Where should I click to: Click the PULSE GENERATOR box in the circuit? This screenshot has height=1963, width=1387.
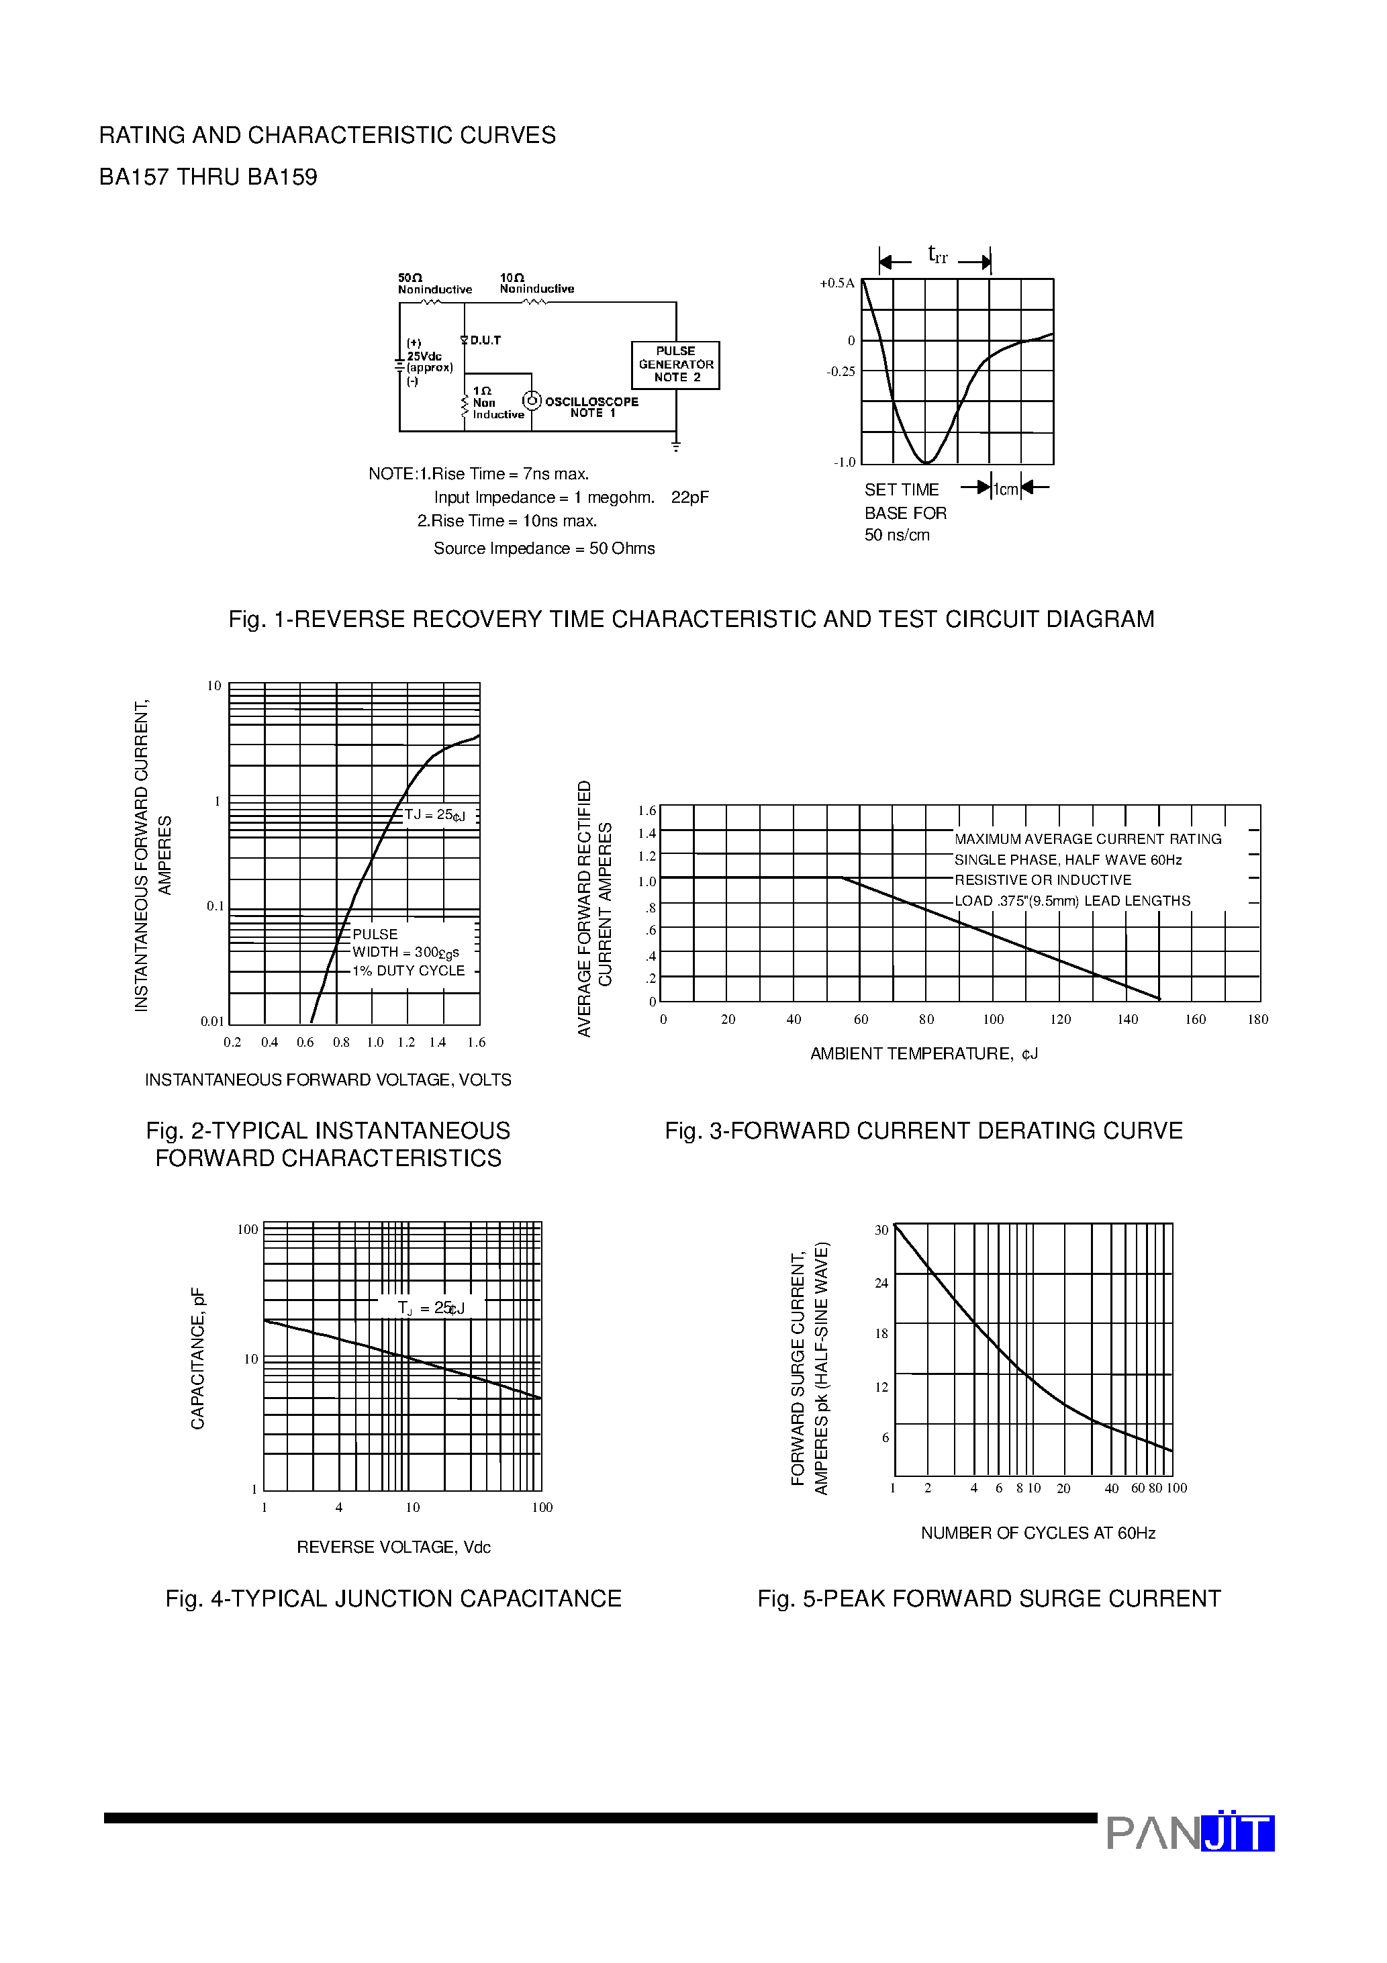tap(675, 365)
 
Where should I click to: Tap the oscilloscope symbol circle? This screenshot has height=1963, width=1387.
tap(532, 401)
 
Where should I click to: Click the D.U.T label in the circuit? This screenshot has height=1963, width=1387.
tap(485, 340)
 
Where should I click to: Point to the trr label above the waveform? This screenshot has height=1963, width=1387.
tap(937, 255)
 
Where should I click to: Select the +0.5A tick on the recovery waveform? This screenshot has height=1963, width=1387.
tap(836, 283)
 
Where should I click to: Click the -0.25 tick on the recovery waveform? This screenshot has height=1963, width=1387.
tap(840, 372)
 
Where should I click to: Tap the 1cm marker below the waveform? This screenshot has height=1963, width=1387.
tap(1005, 489)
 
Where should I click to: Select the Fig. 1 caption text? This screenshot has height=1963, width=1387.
tap(691, 619)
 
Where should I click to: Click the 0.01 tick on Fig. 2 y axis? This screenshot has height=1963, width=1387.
tap(212, 1021)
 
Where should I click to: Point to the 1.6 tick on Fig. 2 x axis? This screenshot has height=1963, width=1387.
tap(476, 1042)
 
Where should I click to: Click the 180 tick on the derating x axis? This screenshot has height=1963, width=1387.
tap(1257, 1019)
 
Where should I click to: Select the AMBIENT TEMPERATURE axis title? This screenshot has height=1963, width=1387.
tap(924, 1053)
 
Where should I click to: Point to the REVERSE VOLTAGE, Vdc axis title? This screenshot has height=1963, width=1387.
tap(393, 1547)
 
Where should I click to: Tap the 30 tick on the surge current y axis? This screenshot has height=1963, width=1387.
tap(881, 1231)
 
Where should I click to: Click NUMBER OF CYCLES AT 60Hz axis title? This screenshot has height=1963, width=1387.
tap(1037, 1533)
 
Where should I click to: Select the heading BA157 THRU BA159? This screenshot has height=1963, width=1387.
tap(208, 177)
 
